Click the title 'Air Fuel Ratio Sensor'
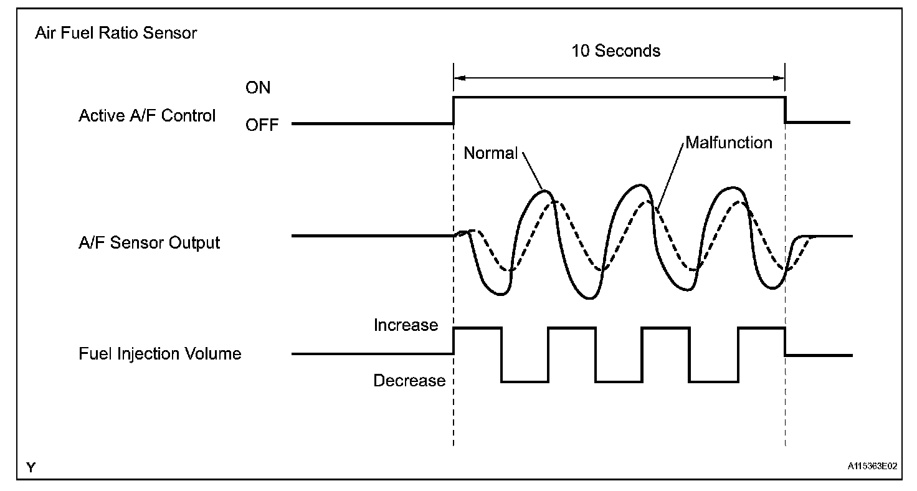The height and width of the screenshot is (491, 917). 116,33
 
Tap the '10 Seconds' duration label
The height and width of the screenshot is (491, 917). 616,51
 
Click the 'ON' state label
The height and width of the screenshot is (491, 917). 258,88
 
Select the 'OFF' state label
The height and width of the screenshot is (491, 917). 262,125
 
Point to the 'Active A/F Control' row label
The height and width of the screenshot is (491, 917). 147,116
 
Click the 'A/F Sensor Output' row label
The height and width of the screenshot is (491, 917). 150,242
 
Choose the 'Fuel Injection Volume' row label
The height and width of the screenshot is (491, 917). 159,354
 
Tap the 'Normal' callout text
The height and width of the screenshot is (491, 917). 491,153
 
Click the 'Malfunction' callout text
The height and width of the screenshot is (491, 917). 729,143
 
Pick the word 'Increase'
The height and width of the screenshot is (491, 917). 406,325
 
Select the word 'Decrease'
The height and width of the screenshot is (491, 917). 409,381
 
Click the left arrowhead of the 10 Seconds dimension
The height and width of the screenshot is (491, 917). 458,78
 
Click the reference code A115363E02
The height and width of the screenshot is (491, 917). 872,465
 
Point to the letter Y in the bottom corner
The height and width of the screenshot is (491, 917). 31,467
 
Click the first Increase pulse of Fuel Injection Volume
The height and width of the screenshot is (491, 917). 478,328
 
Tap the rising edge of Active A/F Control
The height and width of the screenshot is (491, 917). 454,110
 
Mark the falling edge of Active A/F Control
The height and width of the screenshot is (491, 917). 785,110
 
